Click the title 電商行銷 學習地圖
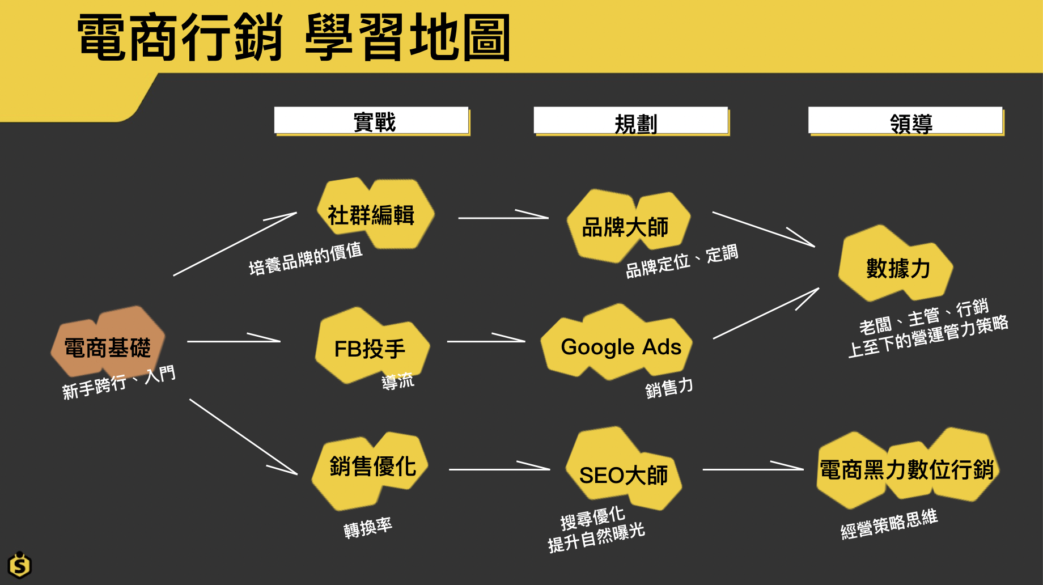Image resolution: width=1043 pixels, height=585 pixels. (294, 37)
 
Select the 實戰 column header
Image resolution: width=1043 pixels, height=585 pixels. (372, 121)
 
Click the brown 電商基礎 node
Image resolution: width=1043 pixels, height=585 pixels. (108, 345)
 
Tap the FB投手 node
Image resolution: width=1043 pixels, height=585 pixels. (371, 347)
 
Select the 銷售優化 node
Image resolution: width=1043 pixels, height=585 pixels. (372, 467)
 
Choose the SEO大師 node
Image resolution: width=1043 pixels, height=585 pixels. (623, 473)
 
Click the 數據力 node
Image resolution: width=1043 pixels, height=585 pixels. (897, 268)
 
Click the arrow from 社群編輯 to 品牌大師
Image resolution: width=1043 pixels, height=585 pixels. (502, 217)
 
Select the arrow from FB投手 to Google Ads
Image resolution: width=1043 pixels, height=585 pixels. (486, 341)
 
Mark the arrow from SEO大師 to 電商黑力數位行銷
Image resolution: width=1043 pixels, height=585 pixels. (752, 469)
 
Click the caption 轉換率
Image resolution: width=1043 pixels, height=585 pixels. (368, 528)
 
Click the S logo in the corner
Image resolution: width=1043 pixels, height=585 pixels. (20, 565)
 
